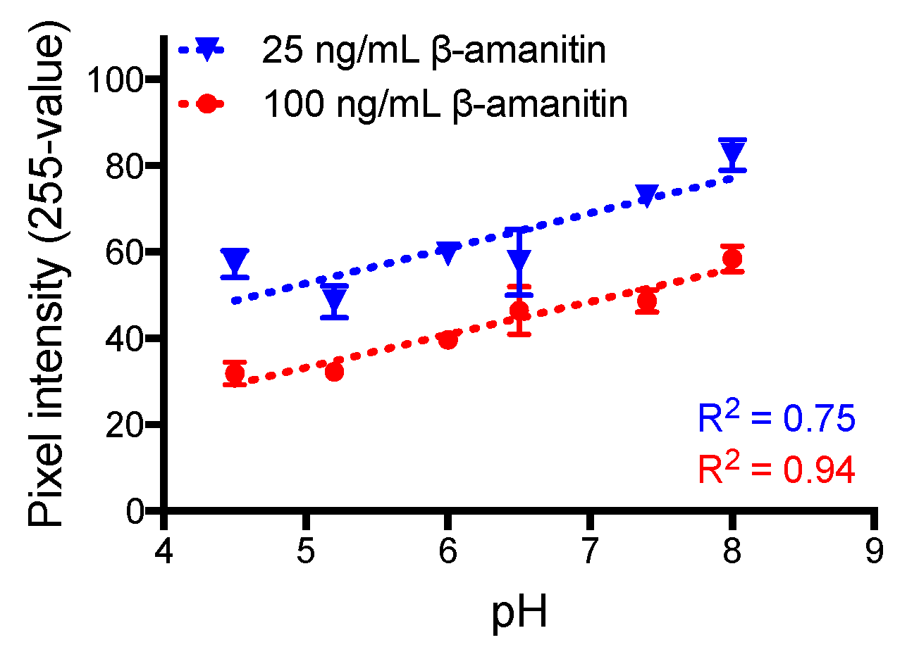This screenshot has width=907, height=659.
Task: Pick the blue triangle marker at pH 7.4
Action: [x=647, y=196]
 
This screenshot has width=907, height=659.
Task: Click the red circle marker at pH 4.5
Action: [x=235, y=373]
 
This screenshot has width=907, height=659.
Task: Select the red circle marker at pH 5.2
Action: [x=334, y=372]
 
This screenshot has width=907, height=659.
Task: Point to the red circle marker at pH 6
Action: [x=448, y=340]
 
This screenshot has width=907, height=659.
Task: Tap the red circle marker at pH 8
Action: [x=732, y=258]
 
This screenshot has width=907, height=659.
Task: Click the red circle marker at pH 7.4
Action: [x=647, y=301]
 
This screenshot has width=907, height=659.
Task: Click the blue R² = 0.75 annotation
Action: [x=777, y=418]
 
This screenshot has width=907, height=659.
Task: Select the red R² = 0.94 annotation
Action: [x=777, y=470]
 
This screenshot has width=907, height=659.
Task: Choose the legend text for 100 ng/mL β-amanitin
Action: [x=445, y=104]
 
